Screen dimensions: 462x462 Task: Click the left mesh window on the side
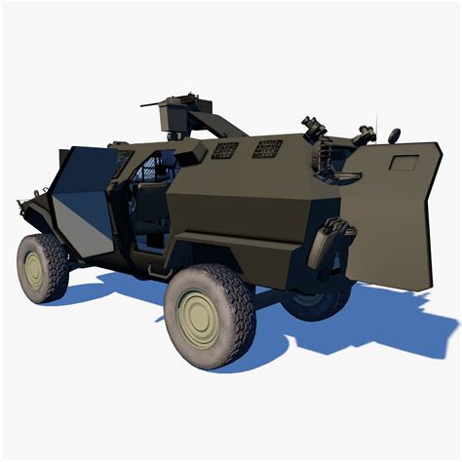[224, 151]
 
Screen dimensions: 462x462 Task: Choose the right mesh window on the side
[267, 148]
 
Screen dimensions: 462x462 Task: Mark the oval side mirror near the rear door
[393, 135]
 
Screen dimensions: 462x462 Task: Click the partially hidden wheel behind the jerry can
[317, 297]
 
